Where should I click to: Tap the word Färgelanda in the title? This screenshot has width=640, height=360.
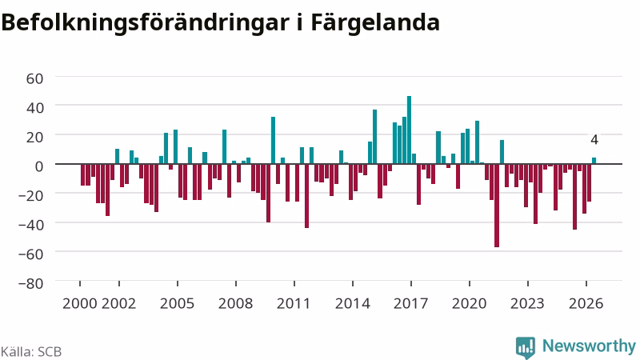375,23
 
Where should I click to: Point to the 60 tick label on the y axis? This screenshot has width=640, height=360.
34,78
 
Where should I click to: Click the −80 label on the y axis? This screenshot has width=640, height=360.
31,283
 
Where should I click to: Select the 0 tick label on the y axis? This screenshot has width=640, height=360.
39,166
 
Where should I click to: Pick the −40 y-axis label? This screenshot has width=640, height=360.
31,225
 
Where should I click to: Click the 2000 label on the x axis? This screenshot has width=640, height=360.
80,303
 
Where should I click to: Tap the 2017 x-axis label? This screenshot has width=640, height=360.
410,303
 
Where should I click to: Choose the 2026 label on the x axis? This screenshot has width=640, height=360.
586,303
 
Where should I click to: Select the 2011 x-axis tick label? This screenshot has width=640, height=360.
294,303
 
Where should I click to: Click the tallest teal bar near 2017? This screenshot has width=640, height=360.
409,130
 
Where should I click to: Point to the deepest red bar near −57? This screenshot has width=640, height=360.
497,206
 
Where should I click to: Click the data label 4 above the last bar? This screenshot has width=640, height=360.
594,139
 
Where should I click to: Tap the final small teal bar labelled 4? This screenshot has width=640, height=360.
594,161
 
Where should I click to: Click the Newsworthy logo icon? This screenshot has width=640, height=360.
526,347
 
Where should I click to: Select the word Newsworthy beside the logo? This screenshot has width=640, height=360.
589,346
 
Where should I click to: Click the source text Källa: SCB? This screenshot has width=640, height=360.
31,351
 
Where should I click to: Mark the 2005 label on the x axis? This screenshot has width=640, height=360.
177,303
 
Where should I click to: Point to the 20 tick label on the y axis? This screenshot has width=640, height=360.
34,137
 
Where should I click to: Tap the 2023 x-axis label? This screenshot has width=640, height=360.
527,303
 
